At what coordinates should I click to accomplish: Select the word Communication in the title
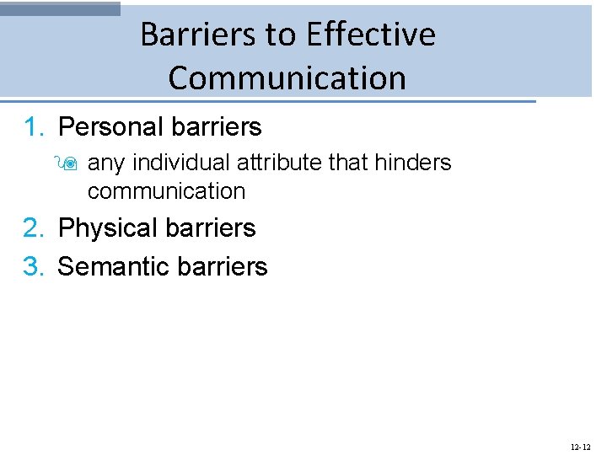pos(287,78)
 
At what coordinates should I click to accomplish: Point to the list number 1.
pos(33,127)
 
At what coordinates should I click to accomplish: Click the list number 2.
pos(33,228)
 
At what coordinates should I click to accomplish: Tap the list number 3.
pos(33,267)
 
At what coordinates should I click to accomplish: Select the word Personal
pos(110,127)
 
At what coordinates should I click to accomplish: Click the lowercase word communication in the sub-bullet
pos(166,191)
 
